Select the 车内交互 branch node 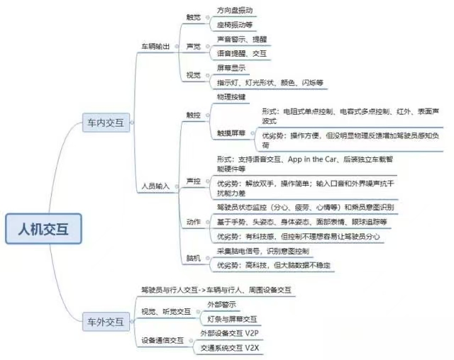[105, 123]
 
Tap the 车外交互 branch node [105, 321]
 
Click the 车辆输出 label [156, 46]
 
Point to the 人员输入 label [156, 186]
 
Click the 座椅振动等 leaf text [233, 26]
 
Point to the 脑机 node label [193, 258]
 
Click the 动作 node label [193, 222]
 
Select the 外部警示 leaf [221, 304]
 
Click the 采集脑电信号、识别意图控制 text [264, 252]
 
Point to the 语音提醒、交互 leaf [238, 52]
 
